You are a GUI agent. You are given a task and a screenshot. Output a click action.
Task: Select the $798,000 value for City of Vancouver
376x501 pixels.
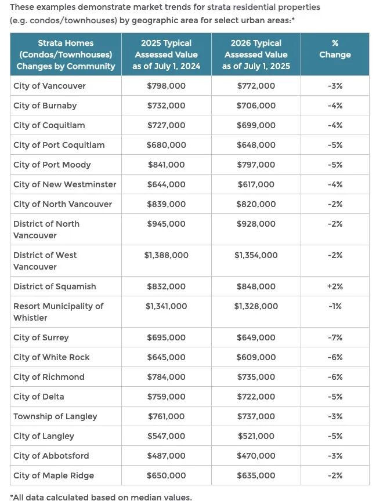coord(166,86)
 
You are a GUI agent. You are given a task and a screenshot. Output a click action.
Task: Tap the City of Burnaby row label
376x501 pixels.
coord(45,106)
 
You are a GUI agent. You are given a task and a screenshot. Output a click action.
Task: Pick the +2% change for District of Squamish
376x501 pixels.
coord(335,286)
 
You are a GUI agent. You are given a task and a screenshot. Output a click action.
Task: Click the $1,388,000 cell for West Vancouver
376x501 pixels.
coord(166,255)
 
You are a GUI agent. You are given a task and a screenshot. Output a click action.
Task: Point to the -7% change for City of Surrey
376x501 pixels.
coord(335,337)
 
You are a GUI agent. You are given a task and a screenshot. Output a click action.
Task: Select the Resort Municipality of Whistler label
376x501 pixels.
coord(58,312)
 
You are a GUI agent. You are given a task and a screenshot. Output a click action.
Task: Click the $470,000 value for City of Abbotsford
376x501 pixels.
coord(256,456)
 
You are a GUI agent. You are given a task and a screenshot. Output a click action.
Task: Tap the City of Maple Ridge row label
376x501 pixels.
coord(53,475)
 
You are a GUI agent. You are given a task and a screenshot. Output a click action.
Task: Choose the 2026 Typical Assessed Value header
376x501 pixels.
coord(256,55)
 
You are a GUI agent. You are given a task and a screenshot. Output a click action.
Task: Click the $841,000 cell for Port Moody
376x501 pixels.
coord(166,165)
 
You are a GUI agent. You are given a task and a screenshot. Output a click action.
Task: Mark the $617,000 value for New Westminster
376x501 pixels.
coord(256,184)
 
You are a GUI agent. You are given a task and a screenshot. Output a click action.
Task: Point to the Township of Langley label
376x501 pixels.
coord(55,416)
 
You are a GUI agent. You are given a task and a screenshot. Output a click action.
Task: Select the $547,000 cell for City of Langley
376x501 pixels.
coord(166,436)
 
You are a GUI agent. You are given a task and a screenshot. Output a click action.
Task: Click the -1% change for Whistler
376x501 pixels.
coord(335,306)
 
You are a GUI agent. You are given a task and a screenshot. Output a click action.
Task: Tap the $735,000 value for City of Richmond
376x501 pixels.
coord(256,377)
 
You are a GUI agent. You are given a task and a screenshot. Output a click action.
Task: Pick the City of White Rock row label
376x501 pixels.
coord(52,357)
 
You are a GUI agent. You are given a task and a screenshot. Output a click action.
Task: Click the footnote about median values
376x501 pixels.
coord(100,496)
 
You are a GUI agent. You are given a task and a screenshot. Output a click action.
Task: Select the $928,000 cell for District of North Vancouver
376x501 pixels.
coord(256,224)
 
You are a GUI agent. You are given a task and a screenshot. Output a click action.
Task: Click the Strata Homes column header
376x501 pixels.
coord(66,55)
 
